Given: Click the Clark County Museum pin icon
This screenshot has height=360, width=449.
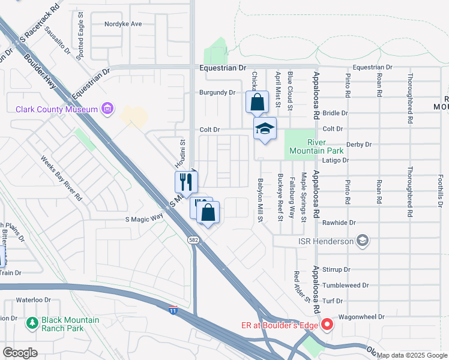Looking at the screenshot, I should [107, 109].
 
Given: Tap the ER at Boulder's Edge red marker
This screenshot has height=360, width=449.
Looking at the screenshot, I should [327, 326].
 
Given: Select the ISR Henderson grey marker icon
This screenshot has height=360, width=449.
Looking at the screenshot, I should [362, 241].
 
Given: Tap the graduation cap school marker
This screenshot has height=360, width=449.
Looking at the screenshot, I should [265, 128].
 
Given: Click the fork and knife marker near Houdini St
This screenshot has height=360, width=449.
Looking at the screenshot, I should [186, 181].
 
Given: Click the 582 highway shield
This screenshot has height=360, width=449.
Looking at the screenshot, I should [193, 239].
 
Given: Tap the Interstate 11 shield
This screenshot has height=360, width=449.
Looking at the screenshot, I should [172, 308].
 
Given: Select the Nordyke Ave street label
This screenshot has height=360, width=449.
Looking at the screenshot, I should [123, 24].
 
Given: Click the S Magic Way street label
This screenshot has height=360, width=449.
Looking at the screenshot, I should [145, 219].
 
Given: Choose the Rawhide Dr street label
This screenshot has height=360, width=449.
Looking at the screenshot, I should [340, 223].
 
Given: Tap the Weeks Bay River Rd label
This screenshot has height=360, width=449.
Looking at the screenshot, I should [61, 178].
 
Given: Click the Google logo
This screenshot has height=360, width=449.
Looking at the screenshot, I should [20, 353].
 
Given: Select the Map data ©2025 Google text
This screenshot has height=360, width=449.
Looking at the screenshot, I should [412, 355].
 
